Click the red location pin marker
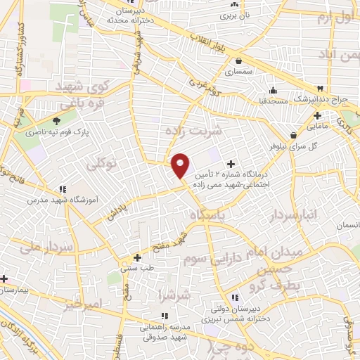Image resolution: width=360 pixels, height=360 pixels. tap(181, 165)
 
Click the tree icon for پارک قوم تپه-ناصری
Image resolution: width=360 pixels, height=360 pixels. tap(56, 121)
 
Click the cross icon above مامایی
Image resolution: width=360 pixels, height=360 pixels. tap(317, 116)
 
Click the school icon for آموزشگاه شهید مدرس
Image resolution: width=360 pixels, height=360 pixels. tap(63, 188)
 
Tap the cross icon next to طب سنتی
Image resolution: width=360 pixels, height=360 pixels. tap(138, 257)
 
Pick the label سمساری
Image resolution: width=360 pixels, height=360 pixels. tap(238, 72)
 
